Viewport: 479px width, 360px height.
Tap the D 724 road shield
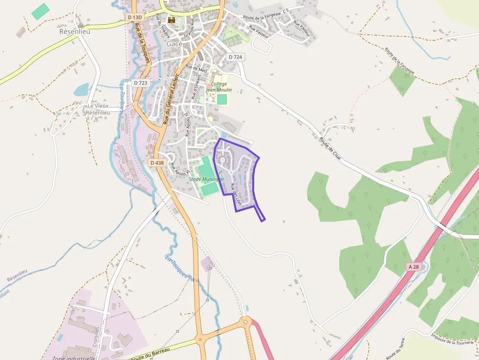235,57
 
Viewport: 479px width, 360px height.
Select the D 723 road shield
140,83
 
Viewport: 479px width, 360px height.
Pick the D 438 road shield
157,163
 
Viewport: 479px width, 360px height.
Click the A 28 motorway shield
414,266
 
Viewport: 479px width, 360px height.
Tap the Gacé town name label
174,44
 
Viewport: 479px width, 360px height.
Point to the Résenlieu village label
74,31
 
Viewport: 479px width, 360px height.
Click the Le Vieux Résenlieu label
98,109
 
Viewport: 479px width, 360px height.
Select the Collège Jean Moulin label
218,86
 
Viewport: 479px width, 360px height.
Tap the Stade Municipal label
206,179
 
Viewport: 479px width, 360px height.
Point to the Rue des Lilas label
236,193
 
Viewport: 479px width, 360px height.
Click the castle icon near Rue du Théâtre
171,20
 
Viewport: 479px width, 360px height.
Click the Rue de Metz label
197,68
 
